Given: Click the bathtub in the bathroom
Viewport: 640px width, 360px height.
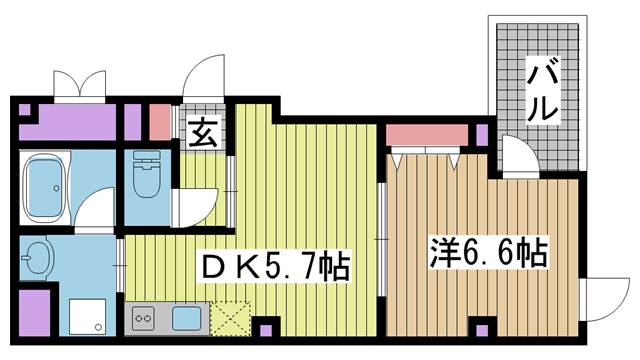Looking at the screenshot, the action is click(x=45, y=187).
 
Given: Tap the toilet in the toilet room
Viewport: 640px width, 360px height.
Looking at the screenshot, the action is click(x=146, y=174).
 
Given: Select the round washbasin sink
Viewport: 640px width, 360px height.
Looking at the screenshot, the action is click(x=38, y=258).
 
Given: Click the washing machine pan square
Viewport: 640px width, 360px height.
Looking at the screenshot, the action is click(x=87, y=316).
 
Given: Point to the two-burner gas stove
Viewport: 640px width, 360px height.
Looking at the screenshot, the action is click(x=144, y=318).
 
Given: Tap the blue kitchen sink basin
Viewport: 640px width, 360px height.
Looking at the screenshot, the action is click(x=186, y=318).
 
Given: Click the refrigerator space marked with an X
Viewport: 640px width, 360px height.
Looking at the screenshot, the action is click(x=230, y=318).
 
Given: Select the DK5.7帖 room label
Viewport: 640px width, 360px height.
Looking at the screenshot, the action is click(x=273, y=266).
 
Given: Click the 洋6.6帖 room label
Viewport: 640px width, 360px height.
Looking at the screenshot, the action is click(x=488, y=253).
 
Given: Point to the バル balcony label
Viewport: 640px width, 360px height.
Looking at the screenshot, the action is click(x=542, y=90).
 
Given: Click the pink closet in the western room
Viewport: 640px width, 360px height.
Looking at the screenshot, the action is click(x=427, y=135).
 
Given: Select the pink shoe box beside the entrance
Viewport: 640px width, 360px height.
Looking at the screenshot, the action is click(x=160, y=122).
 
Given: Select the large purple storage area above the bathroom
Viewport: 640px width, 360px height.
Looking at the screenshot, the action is click(x=68, y=122).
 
